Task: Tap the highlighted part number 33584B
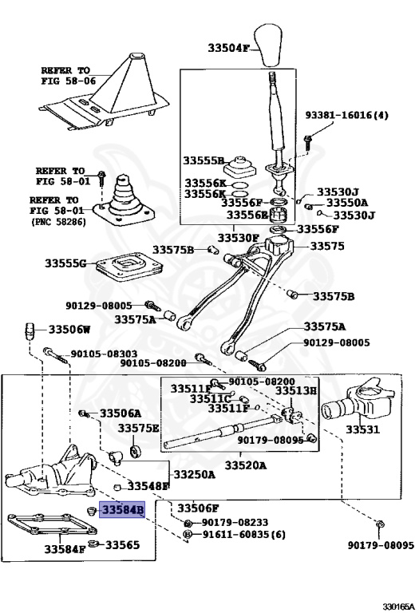(x=122, y=510)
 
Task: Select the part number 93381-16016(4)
(x=346, y=115)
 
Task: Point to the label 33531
(x=362, y=429)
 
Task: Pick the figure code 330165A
(x=398, y=607)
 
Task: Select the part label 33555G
(x=65, y=263)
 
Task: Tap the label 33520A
(x=246, y=465)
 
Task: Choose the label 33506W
(x=69, y=330)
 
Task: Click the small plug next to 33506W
(x=30, y=331)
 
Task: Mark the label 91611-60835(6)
(x=243, y=535)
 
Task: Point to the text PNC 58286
(x=58, y=222)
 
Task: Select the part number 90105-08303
(x=104, y=354)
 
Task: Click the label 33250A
(x=194, y=475)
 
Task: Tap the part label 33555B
(x=204, y=160)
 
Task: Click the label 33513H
(x=296, y=390)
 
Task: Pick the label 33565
(x=122, y=544)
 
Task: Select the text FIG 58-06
(x=69, y=81)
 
